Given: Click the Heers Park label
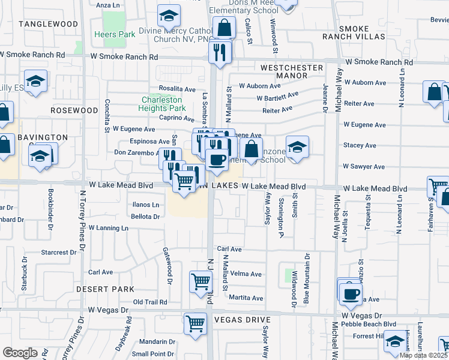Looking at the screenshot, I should click(115, 35).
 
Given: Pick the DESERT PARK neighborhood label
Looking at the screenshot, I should click(106, 289).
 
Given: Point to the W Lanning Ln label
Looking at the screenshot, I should click(109, 228).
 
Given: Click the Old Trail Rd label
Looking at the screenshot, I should click(150, 302).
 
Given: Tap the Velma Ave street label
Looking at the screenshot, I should click(246, 274).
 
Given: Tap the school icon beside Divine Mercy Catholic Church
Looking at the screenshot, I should click(169, 15).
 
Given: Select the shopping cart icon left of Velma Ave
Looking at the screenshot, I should click(200, 281).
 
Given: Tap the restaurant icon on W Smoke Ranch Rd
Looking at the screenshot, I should click(220, 52).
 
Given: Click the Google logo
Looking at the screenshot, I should click(20, 353).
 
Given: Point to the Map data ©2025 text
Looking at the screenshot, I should click(423, 355).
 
